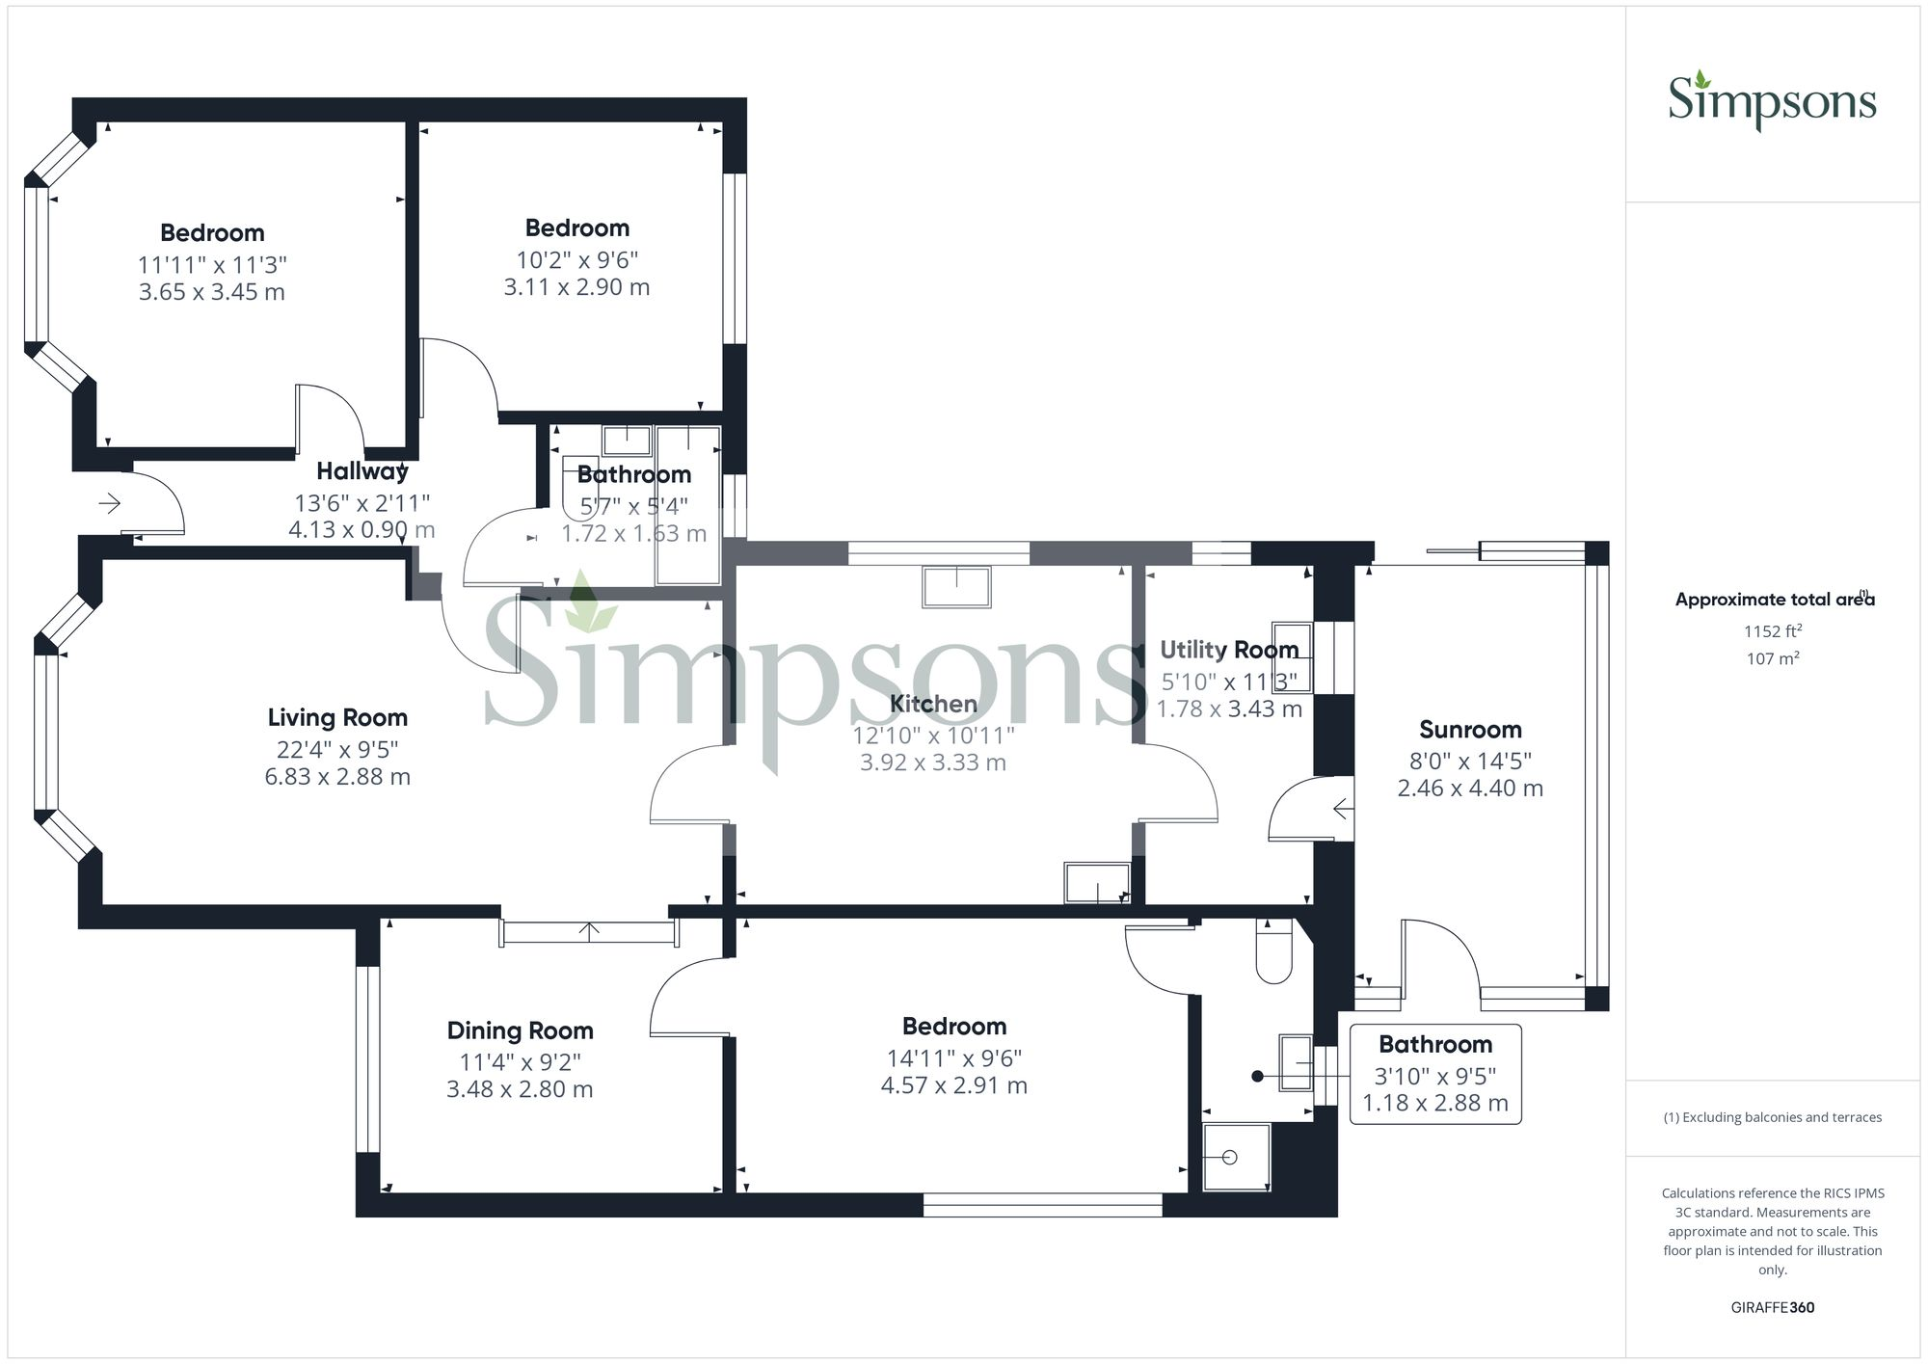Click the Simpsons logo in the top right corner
pyautogui.click(x=1772, y=101)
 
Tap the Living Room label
pyautogui.click(x=337, y=717)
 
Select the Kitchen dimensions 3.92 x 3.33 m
pyautogui.click(x=932, y=762)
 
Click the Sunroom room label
pyautogui.click(x=1470, y=730)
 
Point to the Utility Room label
pyautogui.click(x=1228, y=650)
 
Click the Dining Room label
pyautogui.click(x=520, y=1030)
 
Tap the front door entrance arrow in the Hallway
pyautogui.click(x=109, y=503)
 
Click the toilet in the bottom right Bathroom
pyautogui.click(x=1273, y=952)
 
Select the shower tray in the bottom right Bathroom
pyautogui.click(x=1236, y=1157)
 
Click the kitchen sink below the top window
pyautogui.click(x=956, y=587)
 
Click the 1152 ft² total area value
pyautogui.click(x=1773, y=631)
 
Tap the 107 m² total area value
pyautogui.click(x=1773, y=658)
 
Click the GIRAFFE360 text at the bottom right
pyautogui.click(x=1772, y=1307)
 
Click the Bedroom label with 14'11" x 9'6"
pyautogui.click(x=953, y=1027)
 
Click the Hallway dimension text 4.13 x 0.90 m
pyautogui.click(x=361, y=529)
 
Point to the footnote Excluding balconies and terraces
pyautogui.click(x=1772, y=1117)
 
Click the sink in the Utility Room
pyautogui.click(x=1292, y=657)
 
